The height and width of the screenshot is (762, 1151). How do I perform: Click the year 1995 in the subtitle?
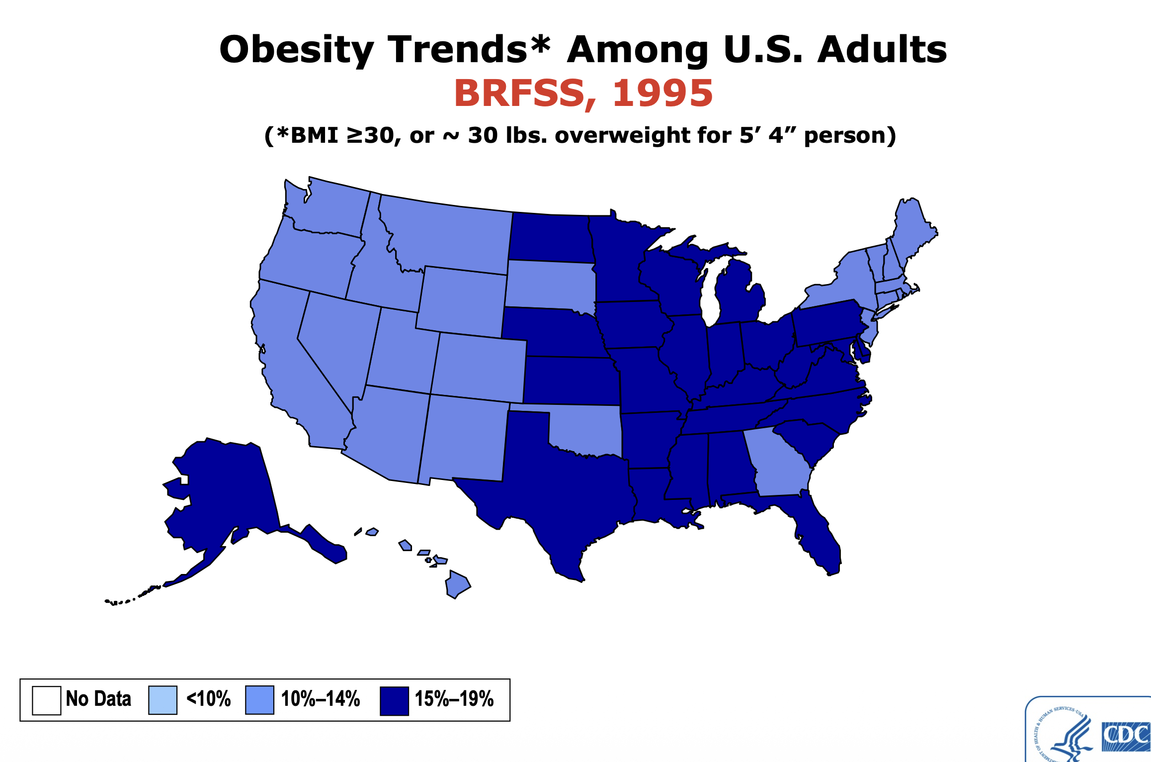point(662,94)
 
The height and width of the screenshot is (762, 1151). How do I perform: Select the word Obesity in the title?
point(297,50)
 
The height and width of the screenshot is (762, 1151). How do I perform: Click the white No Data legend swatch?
point(46,700)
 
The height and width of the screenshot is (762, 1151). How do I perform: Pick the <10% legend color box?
point(163,700)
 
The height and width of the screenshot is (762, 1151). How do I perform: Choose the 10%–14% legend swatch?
point(259,700)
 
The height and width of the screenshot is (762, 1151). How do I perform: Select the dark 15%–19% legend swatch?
point(394,700)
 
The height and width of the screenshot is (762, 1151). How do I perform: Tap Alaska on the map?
point(224,492)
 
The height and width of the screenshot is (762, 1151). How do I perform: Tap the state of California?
point(288,358)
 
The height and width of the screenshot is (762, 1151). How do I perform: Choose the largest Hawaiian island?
point(457,584)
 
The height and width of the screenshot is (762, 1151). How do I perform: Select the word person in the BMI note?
point(850,135)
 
